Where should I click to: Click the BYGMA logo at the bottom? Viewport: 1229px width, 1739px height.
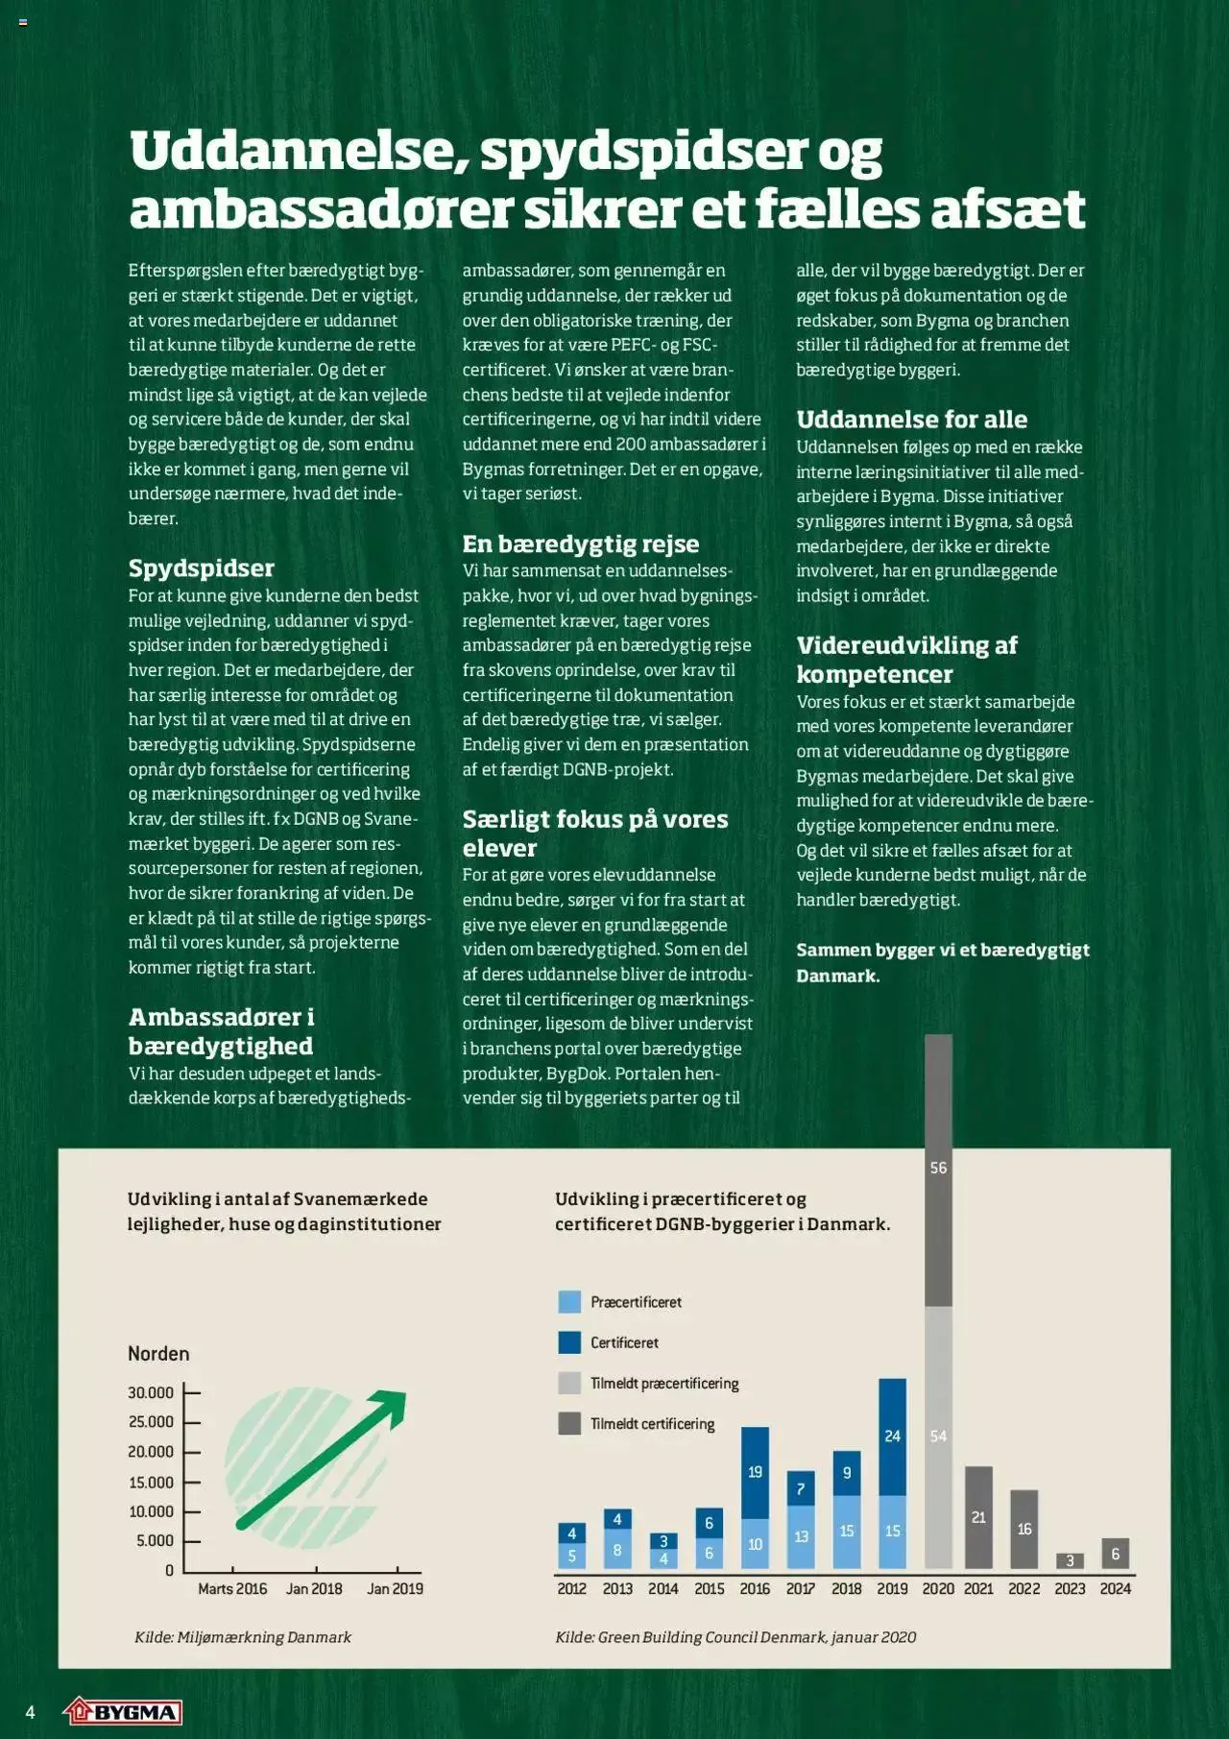[x=123, y=1711]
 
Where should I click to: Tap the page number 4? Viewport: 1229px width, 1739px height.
[x=30, y=1712]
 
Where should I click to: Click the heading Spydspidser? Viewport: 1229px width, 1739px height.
[x=202, y=568]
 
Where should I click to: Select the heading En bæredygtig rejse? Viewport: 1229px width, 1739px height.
[x=580, y=543]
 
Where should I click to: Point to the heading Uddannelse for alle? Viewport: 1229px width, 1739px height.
[x=911, y=419]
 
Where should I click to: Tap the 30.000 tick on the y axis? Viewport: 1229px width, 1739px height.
[x=151, y=1392]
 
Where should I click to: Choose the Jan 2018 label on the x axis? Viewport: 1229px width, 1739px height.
[x=314, y=1588]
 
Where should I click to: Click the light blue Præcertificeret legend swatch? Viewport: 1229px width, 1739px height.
[x=569, y=1302]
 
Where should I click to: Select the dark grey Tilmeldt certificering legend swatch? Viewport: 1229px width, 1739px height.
[x=569, y=1423]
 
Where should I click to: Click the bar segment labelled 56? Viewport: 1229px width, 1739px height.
[x=938, y=1170]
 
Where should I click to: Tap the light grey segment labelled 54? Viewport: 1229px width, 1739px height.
[x=938, y=1437]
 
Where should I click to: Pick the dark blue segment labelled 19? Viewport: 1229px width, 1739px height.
[x=755, y=1472]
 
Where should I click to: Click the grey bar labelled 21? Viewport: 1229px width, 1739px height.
[x=978, y=1517]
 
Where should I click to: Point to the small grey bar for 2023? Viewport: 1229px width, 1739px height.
[x=1070, y=1560]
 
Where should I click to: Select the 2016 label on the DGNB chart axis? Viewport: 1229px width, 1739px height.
[x=755, y=1588]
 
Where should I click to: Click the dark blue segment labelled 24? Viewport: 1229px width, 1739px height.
[x=892, y=1437]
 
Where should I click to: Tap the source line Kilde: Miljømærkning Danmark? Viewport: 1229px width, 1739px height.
[x=243, y=1637]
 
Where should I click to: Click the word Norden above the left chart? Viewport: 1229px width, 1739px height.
[x=158, y=1354]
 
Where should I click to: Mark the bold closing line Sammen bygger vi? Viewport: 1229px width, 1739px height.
[x=942, y=962]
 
